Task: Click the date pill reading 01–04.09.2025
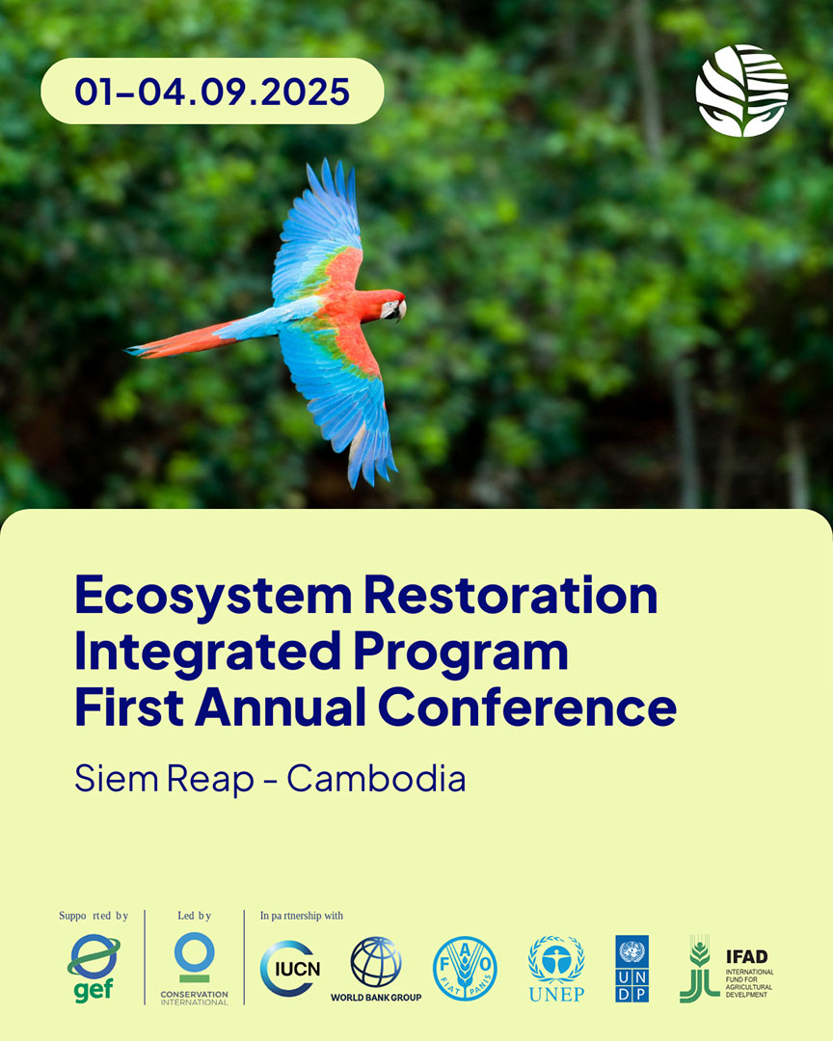212,91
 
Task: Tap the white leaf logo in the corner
741,91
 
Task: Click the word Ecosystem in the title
213,597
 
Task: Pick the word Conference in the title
527,707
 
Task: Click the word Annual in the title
281,707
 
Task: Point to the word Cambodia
376,778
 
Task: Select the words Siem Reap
164,780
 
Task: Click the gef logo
93,968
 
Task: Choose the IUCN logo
290,969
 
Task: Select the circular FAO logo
465,969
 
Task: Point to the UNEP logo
556,969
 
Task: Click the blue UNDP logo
631,969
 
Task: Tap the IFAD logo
727,969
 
